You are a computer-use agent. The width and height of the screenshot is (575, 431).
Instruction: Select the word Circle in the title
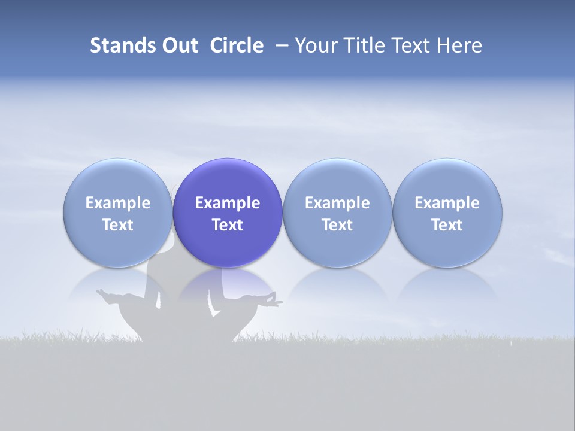pos(237,45)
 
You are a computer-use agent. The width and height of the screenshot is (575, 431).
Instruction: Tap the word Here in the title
pos(459,45)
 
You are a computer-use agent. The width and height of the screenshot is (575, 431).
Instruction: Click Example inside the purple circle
pos(228,203)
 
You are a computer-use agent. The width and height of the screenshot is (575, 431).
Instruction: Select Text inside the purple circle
pos(228,225)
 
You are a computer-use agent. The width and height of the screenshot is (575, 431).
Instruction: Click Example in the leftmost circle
pos(118,203)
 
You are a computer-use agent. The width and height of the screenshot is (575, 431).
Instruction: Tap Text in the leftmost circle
pos(118,225)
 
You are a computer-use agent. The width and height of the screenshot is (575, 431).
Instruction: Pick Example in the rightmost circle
pos(447,203)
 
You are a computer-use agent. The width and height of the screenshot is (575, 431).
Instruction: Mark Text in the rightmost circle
pos(447,225)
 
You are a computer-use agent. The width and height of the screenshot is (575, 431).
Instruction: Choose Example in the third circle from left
pos(337,203)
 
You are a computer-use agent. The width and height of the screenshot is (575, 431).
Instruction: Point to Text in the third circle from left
pos(337,225)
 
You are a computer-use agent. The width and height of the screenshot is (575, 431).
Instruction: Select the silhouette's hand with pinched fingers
pos(273,299)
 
